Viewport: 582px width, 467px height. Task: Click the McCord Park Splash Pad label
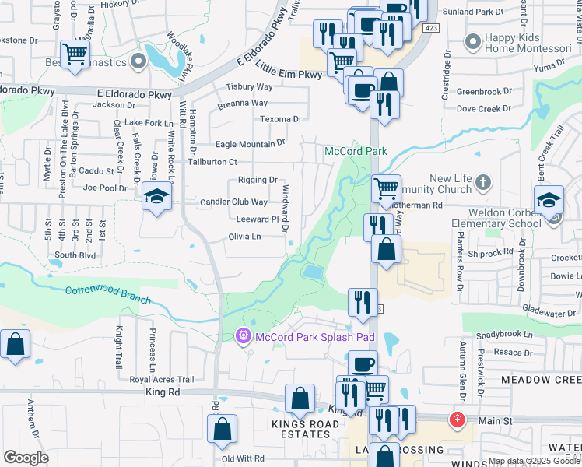click(x=315, y=337)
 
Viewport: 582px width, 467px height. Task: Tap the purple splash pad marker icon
click(x=244, y=336)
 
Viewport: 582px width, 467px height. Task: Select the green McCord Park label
click(x=345, y=150)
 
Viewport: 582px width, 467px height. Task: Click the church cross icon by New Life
click(x=483, y=183)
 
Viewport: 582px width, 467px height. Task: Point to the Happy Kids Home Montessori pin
click(x=472, y=40)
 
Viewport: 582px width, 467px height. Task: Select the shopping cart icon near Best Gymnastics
click(x=75, y=54)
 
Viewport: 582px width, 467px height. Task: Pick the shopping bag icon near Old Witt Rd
click(x=223, y=429)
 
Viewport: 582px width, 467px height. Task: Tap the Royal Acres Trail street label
click(x=161, y=380)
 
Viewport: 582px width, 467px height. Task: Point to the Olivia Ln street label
click(x=244, y=237)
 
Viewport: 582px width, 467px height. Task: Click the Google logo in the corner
click(x=26, y=457)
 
